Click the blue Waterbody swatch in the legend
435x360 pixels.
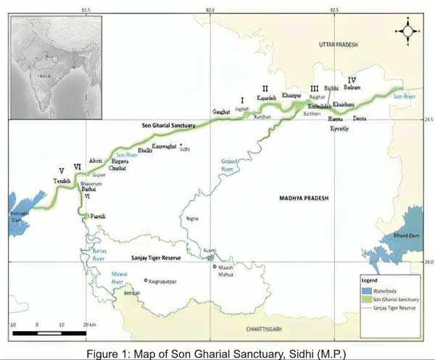[x=368, y=289]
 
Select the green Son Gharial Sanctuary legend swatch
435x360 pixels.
[x=368, y=298]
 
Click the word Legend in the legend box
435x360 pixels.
[x=370, y=279]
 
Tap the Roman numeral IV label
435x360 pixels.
[x=352, y=80]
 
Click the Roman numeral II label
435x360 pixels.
[x=265, y=89]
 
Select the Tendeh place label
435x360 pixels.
[x=62, y=180]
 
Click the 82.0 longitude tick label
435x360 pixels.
[x=210, y=9]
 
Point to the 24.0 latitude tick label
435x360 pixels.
[x=428, y=261]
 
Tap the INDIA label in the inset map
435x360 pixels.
[x=46, y=74]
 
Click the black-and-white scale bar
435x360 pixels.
[x=49, y=332]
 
